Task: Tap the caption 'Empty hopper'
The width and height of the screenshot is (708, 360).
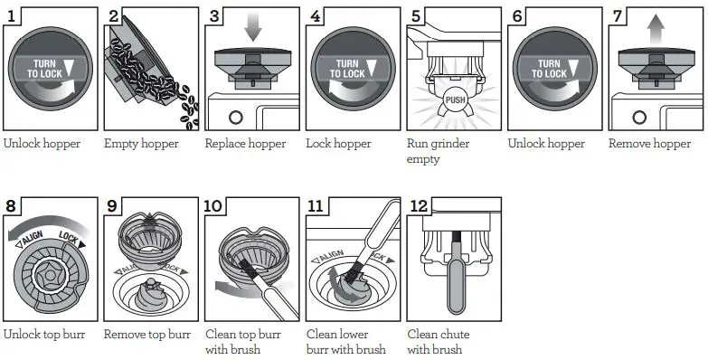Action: click(x=141, y=144)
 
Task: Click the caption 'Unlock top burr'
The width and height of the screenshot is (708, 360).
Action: click(x=44, y=335)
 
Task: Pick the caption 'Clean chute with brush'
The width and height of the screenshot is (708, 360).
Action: click(x=439, y=342)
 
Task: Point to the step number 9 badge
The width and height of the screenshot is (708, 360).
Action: click(x=113, y=207)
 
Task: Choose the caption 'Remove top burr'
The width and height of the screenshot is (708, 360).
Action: click(x=146, y=335)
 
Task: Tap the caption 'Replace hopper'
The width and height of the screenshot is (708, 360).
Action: click(x=245, y=144)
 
